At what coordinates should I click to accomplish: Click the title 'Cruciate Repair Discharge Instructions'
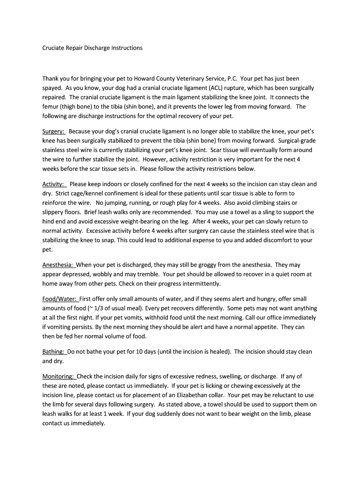point(92,48)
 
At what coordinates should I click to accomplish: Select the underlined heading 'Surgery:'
point(54,131)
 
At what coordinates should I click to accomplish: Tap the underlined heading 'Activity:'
point(53,184)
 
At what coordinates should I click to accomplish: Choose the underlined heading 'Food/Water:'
point(59,299)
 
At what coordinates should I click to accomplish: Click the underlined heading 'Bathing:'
point(53,352)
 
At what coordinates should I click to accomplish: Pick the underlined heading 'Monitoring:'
point(58,376)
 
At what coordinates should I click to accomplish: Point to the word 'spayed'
point(52,88)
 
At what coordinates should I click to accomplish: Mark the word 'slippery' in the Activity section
point(52,212)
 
